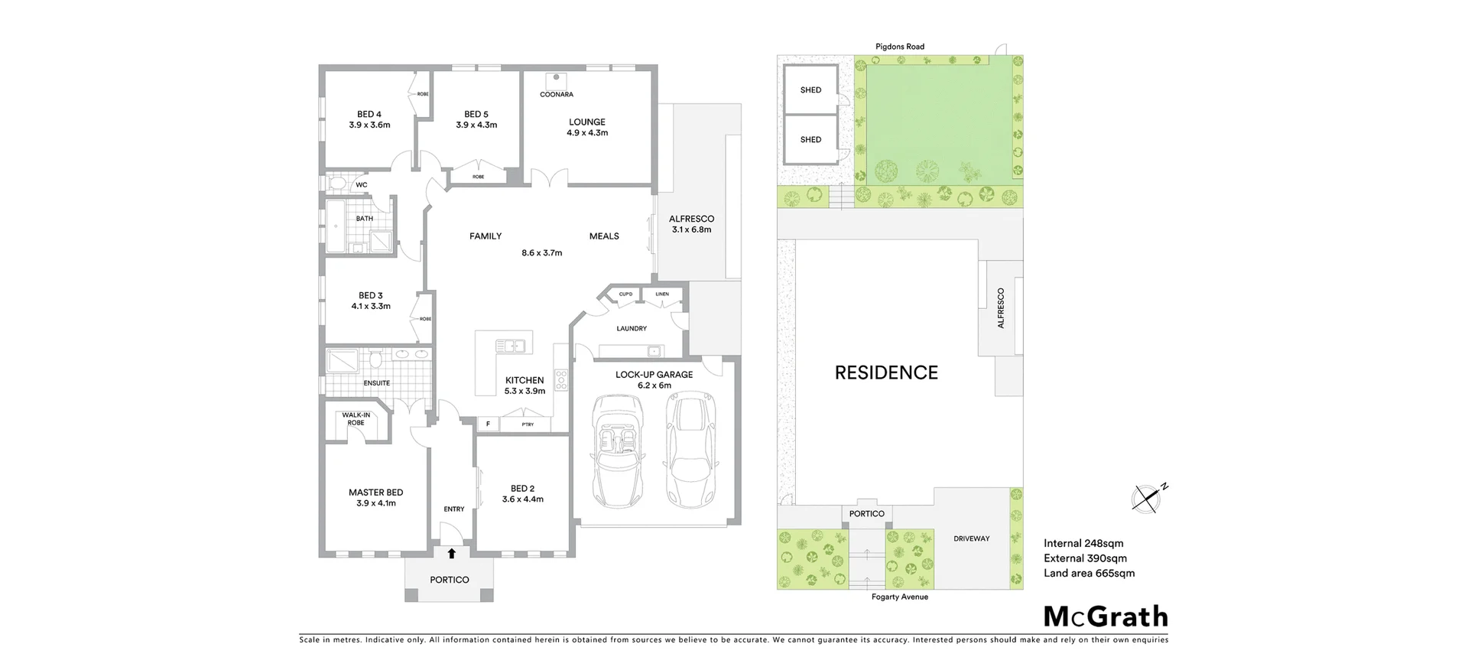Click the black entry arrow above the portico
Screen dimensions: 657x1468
pos(451,554)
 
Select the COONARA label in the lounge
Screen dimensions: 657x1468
pos(556,95)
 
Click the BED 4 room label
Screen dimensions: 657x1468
pos(369,115)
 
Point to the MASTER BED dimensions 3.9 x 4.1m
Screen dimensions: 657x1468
pos(376,503)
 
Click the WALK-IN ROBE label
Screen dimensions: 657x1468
pos(356,418)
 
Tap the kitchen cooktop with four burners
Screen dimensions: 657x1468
pos(561,380)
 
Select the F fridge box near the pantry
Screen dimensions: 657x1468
pos(487,424)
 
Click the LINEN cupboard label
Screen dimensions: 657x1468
pos(662,294)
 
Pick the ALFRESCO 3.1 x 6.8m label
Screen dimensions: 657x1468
pos(691,224)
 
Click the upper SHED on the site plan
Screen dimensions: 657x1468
pos(810,90)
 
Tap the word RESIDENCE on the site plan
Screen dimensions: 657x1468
pos(886,372)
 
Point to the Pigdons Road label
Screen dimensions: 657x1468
pos(900,47)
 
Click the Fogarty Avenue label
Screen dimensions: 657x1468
pos(899,597)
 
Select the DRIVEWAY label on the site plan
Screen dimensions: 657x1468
pos(971,538)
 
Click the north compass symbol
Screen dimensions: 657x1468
pos(1146,499)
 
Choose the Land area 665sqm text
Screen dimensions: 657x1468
pos(1089,573)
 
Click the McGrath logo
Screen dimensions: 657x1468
pos(1106,616)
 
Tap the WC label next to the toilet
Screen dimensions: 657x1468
pos(362,185)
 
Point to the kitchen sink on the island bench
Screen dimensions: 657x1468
pos(509,346)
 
